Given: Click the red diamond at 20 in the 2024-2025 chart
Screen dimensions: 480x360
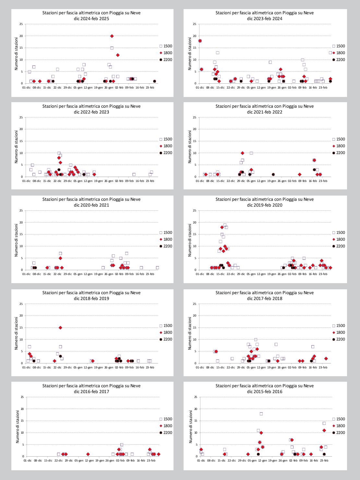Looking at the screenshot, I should point(112,36).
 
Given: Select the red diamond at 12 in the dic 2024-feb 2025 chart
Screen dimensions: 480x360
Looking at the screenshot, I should point(118,55).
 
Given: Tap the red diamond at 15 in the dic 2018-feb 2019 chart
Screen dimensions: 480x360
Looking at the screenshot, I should point(60,328).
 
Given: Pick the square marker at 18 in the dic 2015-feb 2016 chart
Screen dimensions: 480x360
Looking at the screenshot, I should point(261,414).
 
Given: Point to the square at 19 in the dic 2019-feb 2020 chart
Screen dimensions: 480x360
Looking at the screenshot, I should point(225,225).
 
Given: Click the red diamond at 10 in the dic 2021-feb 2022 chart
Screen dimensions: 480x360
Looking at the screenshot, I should point(242,153).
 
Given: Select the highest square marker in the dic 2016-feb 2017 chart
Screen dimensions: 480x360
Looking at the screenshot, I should point(122,445).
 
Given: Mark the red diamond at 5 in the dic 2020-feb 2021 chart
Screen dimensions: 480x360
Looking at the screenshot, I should point(60,258).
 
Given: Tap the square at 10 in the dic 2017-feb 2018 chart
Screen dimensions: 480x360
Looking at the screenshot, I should point(256,340).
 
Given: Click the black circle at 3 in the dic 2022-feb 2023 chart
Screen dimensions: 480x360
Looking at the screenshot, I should point(59,170).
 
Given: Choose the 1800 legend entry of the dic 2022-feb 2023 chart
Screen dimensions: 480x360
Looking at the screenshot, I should point(165,146).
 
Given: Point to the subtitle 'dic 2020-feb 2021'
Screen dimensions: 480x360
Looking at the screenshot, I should point(91,205).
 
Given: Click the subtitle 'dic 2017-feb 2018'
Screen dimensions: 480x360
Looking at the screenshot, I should point(265,298).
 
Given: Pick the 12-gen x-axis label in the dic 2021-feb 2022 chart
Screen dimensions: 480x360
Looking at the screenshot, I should point(261,181).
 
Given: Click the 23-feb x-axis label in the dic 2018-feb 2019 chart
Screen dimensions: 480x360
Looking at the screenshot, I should point(150,367).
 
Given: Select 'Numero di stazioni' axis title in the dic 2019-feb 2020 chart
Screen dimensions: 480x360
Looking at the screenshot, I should point(190,240).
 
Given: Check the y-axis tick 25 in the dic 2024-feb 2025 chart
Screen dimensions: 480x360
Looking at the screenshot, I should point(21,24).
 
